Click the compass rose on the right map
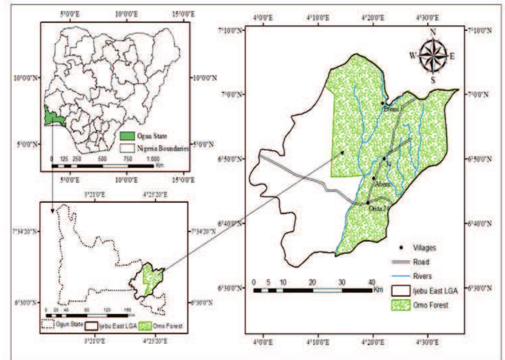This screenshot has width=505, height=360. [433, 56]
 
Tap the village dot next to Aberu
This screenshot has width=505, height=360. [374, 178]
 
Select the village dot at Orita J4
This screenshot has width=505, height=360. [368, 202]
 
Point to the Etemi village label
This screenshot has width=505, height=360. [391, 109]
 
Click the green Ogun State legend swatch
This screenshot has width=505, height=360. [127, 136]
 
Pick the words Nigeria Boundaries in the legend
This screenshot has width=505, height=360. [163, 149]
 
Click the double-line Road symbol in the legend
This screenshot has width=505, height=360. [401, 262]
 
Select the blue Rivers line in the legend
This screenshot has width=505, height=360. [401, 276]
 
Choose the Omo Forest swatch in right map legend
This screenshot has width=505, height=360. [401, 305]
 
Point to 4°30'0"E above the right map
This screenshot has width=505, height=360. [428, 17]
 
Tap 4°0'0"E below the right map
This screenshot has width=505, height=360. [264, 342]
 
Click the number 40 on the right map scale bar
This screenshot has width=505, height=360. [371, 282]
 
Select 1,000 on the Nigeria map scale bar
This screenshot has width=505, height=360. [153, 159]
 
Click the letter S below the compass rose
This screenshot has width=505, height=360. [433, 80]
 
